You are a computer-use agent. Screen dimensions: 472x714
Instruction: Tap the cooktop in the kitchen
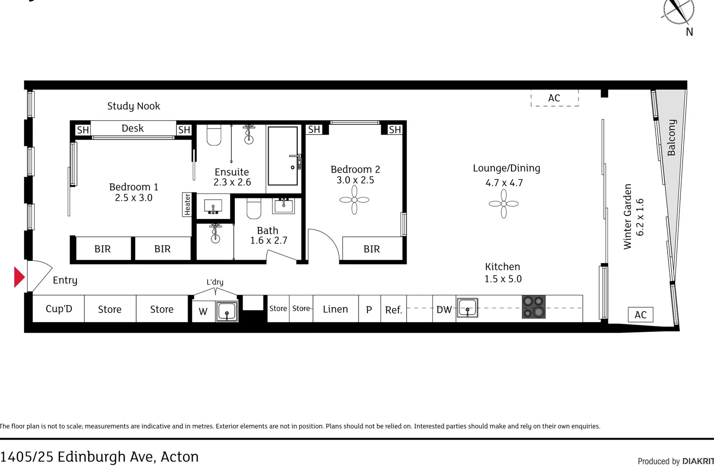533,307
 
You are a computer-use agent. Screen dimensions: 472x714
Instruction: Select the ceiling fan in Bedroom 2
354,200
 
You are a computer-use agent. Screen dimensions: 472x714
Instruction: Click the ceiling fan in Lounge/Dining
504,204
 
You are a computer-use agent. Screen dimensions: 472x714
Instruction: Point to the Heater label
187,205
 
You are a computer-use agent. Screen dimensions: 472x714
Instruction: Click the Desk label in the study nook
132,128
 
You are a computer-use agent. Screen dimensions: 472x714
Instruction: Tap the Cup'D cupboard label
59,309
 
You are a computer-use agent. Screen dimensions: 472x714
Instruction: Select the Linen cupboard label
335,309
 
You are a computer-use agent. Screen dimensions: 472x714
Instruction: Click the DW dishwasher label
444,310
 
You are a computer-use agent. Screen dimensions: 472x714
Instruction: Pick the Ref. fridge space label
393,310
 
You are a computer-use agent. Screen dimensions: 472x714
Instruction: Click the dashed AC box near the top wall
554,98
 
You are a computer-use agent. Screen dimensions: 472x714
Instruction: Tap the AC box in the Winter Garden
641,315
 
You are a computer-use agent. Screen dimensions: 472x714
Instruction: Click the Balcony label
672,138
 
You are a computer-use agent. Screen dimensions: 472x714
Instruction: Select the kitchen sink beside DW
467,308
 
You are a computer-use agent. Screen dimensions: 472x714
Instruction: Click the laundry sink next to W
227,312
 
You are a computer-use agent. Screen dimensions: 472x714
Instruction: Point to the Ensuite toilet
214,135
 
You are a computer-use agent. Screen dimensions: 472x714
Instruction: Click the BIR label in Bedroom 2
372,249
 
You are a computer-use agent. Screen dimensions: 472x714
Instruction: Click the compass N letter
689,32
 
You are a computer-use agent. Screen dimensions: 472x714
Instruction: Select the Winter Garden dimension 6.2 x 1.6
640,217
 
